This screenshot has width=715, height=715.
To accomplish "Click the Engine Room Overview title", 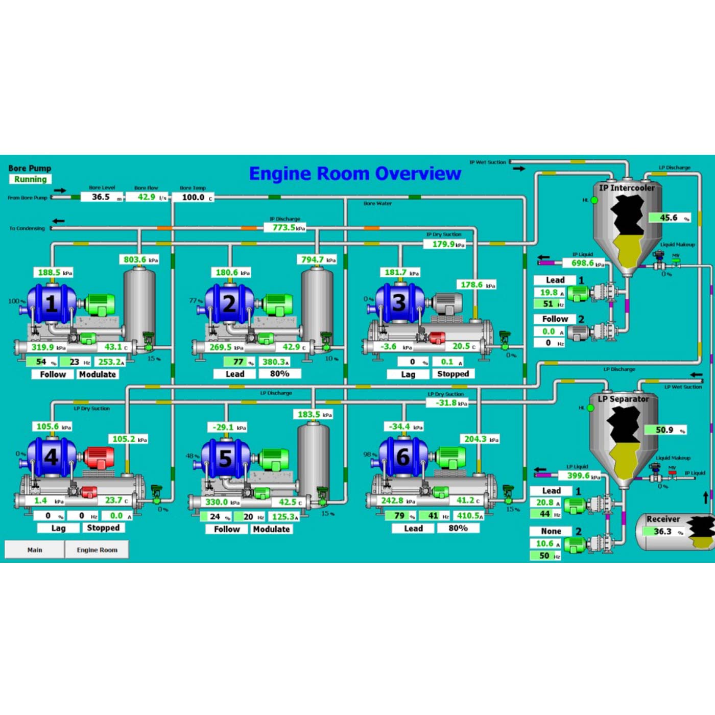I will [x=355, y=174].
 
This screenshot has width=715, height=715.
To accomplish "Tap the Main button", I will [x=35, y=550].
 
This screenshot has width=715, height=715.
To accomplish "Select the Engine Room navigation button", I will [x=97, y=550].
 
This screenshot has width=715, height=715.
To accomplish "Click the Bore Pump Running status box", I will [x=31, y=179].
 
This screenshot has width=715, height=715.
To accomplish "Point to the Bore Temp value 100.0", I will [x=194, y=197].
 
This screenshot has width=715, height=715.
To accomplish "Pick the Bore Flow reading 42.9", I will [x=147, y=197].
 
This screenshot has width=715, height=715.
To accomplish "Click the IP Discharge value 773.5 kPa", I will [x=284, y=227].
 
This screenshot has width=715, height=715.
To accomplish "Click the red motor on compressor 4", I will [x=99, y=457].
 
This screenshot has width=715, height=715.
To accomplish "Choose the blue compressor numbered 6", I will [x=403, y=456].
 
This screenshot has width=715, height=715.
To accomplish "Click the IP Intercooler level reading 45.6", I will [x=669, y=218].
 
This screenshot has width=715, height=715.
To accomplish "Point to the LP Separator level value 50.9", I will [x=665, y=430].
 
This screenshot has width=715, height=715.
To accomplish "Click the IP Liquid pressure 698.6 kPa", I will [x=583, y=263].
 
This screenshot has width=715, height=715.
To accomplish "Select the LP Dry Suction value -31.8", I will [x=446, y=403].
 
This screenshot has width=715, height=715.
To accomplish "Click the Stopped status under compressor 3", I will [x=453, y=374].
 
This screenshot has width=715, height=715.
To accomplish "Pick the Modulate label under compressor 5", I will [x=271, y=529].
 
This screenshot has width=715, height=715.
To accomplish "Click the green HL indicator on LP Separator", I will [x=590, y=408].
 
